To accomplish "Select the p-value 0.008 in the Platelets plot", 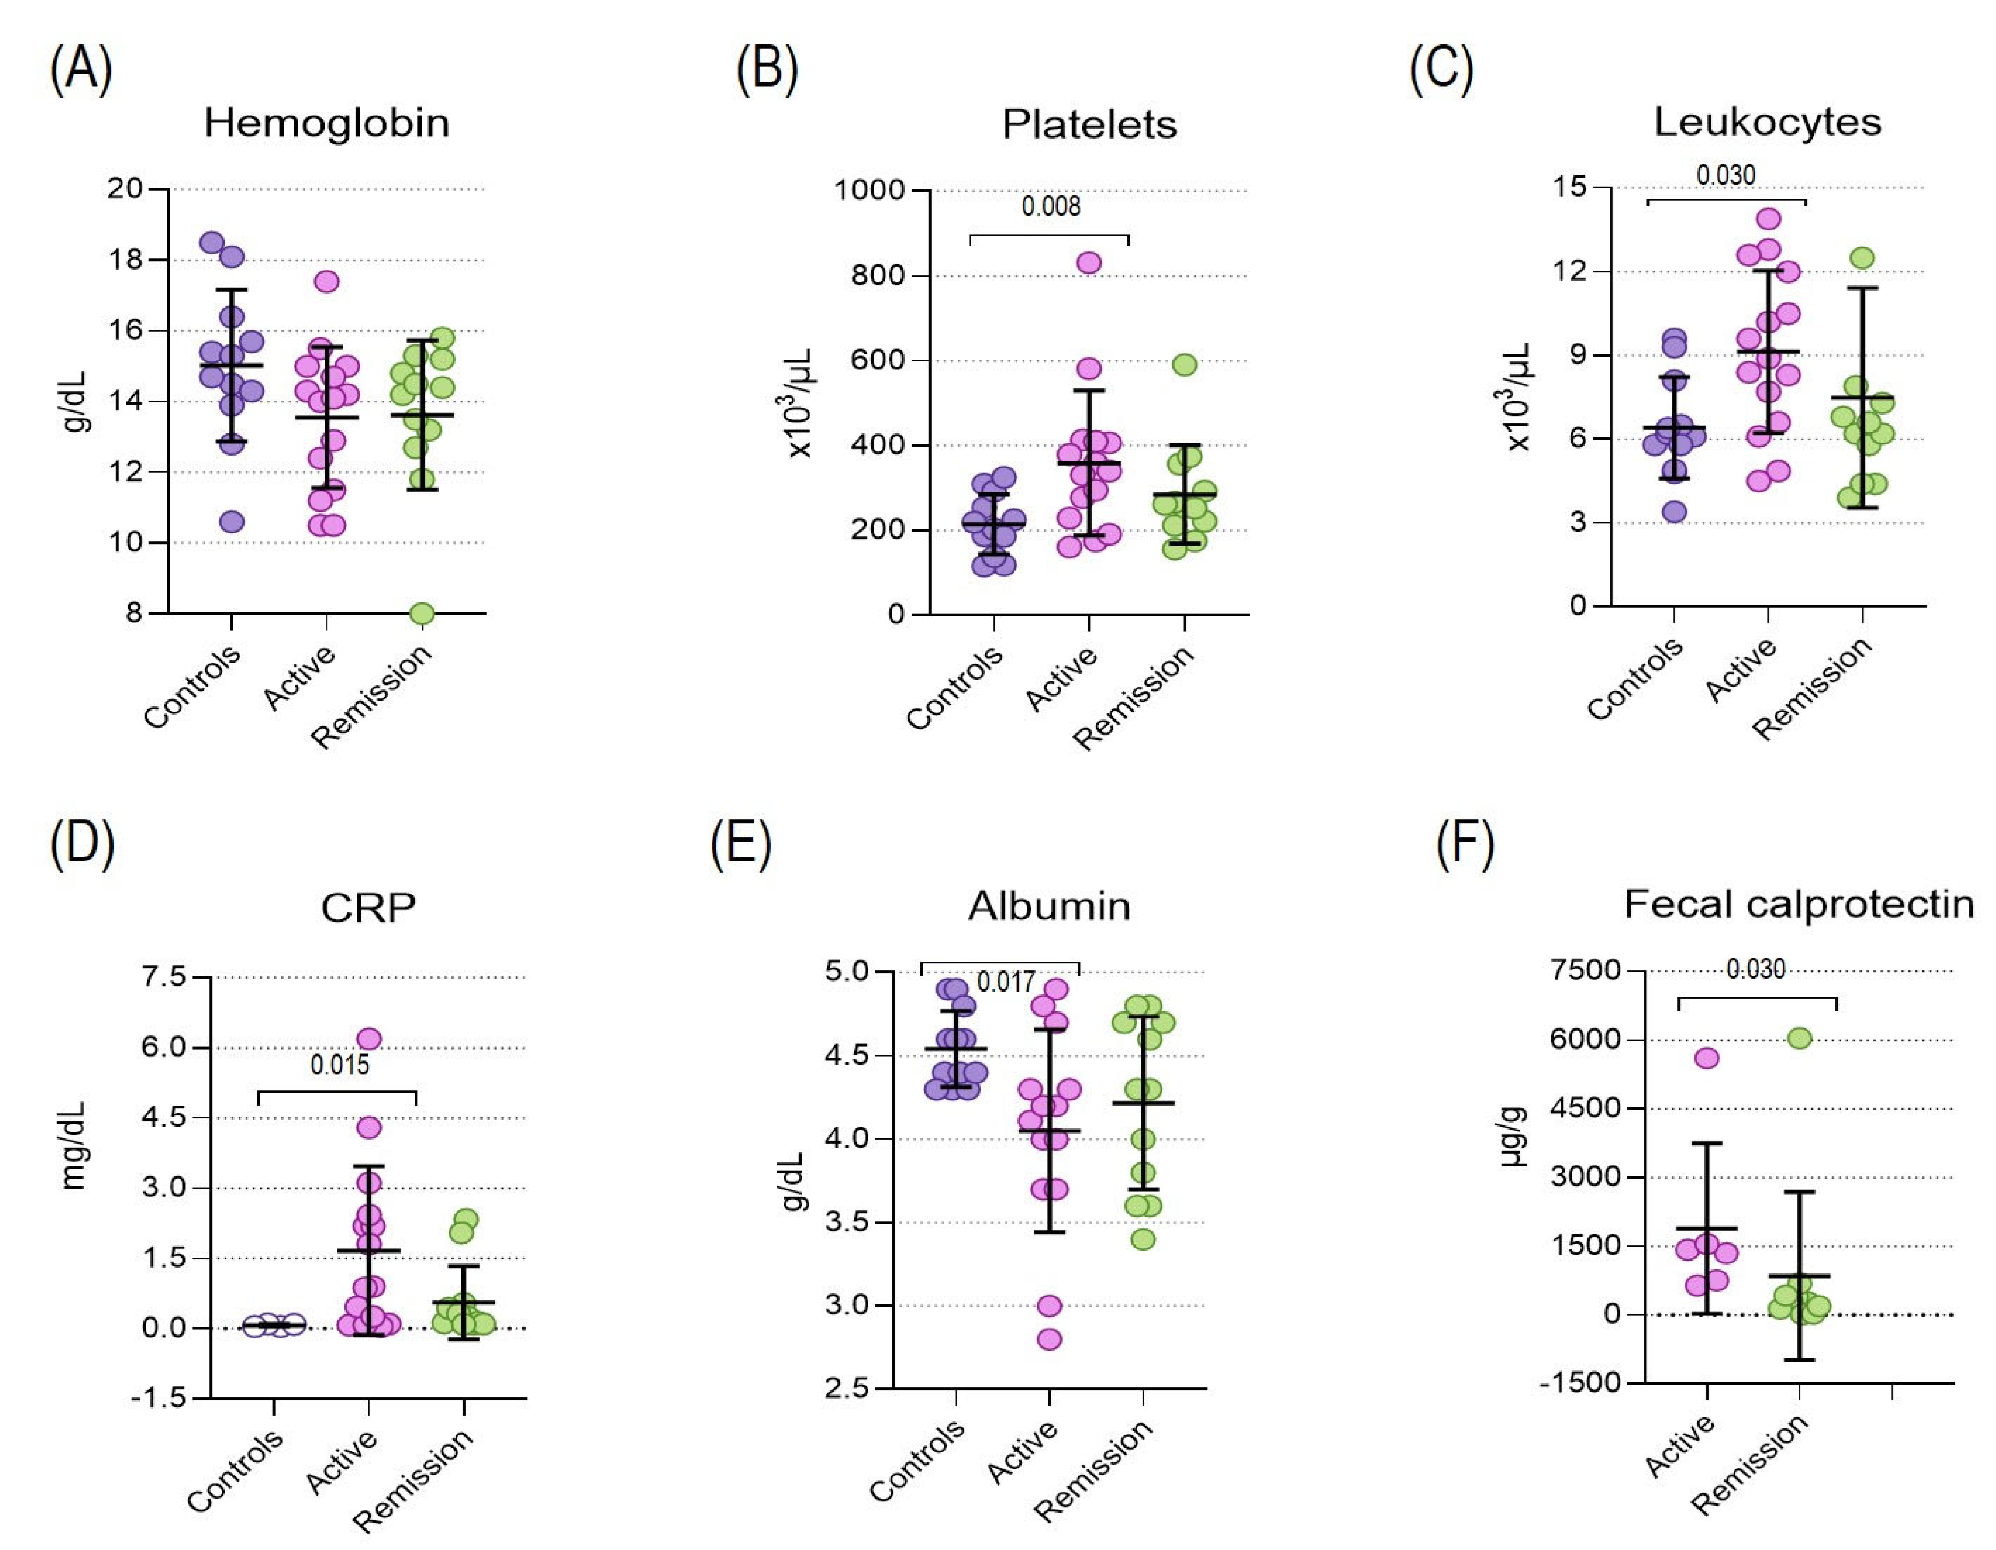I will (1050, 206).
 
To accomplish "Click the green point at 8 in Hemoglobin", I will (421, 613).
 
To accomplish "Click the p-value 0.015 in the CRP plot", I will (340, 1065).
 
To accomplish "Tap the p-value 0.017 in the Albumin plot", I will (1006, 983).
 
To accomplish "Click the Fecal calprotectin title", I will (1798, 905).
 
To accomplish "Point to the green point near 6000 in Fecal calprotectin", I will (1799, 1038).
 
